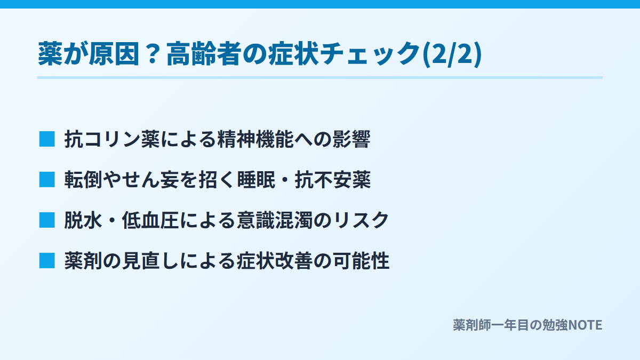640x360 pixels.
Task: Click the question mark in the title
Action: point(153,53)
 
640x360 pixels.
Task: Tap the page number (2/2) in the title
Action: point(452,54)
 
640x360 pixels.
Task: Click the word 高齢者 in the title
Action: point(204,54)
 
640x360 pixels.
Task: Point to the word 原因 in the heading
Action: point(114,54)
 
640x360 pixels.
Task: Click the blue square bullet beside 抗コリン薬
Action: point(47,139)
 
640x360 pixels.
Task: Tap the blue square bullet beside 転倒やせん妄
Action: point(47,180)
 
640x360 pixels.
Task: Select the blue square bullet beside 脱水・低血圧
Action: point(47,220)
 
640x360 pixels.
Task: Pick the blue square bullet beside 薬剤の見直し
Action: point(47,261)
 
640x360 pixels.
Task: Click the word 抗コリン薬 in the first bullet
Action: point(112,139)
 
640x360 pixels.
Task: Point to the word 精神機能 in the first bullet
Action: point(255,139)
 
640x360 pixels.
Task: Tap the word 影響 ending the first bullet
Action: point(351,139)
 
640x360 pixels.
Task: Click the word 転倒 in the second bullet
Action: point(83,180)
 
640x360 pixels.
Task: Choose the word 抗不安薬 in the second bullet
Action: point(333,180)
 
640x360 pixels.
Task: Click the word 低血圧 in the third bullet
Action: point(150,220)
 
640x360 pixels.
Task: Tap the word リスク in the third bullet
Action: point(361,220)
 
